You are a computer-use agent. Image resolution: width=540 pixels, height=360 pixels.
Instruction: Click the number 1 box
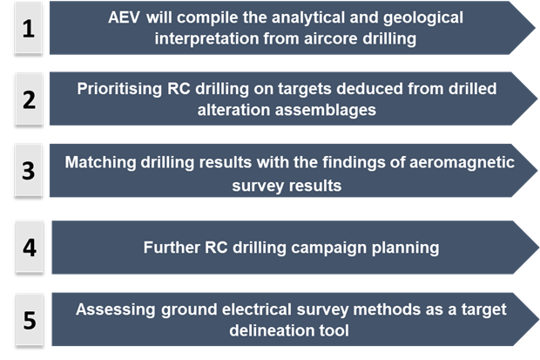29,28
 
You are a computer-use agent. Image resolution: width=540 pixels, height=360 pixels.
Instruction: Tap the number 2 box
29,99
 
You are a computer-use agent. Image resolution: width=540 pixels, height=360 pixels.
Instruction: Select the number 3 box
29,170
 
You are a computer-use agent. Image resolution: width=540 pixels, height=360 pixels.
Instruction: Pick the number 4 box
30,247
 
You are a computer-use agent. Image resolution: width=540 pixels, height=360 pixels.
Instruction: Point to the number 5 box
30,319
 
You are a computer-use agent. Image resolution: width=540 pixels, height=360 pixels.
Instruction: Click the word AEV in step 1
124,17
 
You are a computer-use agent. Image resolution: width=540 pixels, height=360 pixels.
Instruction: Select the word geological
423,18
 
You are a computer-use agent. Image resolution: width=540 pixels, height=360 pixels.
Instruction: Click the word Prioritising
119,89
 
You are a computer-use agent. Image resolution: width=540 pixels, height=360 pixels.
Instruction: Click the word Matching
100,163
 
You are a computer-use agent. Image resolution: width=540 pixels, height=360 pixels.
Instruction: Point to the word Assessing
116,309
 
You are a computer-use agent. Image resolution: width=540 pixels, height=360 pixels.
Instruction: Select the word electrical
257,309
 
